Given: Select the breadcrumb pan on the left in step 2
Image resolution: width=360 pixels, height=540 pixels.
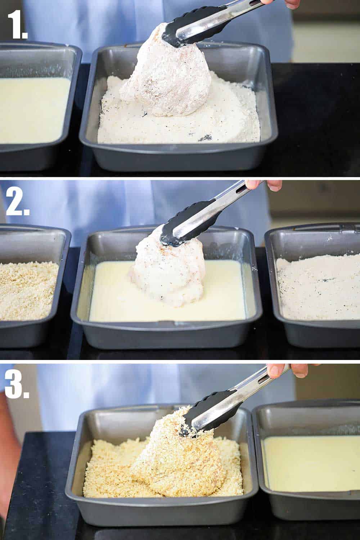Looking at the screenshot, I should click(29, 292).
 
